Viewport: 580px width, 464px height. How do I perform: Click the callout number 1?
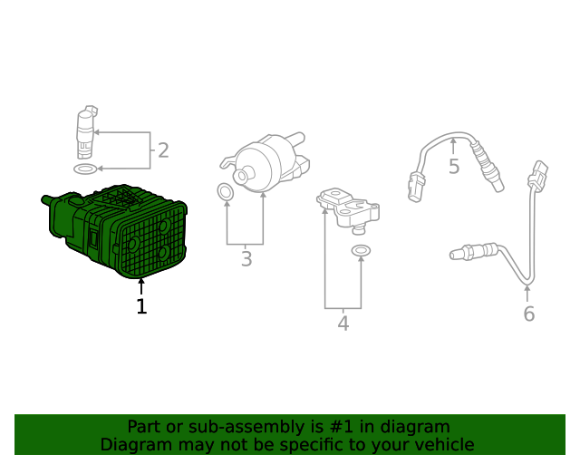coord(141,306)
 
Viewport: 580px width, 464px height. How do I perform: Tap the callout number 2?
coord(163,150)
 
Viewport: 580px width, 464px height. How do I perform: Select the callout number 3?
coord(246,258)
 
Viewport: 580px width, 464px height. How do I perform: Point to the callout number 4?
coord(343,323)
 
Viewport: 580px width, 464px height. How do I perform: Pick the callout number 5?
coord(454,166)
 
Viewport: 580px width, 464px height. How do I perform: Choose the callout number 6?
coord(529,314)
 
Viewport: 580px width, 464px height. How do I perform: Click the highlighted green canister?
coord(115,231)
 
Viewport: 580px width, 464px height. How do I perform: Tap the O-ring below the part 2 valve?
coord(85,169)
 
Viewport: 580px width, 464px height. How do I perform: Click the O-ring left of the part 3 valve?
coord(226,191)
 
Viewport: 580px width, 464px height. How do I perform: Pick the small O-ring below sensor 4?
coord(361,250)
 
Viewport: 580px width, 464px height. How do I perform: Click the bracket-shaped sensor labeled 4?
coord(348,211)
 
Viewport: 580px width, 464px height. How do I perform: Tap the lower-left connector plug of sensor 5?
coord(417,188)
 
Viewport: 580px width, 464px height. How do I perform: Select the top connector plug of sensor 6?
coord(538,175)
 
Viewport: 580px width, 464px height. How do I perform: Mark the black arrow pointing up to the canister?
coord(141,286)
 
